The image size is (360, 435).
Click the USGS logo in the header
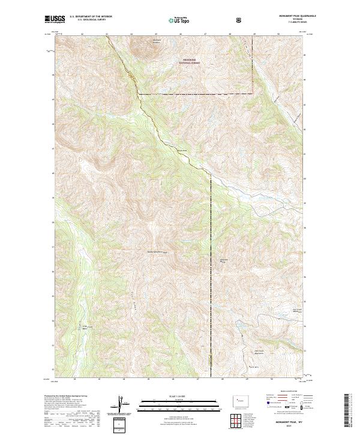(55, 19)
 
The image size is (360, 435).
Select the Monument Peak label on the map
(223, 260)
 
